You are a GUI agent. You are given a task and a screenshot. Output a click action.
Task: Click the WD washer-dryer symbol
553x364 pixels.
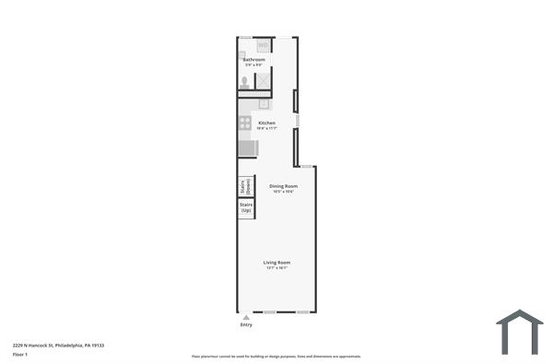(263, 45)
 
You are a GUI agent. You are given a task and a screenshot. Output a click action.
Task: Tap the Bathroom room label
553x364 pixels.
(253, 60)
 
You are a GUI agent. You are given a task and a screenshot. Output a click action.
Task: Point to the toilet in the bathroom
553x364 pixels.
(245, 83)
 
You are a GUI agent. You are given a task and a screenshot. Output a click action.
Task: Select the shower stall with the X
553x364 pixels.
(264, 82)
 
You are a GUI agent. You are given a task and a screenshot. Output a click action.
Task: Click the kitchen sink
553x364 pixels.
(264, 104)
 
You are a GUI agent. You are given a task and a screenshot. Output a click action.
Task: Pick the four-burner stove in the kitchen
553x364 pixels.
(245, 123)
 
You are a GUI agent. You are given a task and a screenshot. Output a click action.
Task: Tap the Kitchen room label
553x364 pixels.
(266, 123)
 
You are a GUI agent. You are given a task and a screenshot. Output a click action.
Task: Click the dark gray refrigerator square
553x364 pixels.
(248, 147)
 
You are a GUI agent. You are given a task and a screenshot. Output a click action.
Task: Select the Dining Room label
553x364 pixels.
(283, 186)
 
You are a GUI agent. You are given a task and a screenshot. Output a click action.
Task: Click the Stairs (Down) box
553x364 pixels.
(246, 186)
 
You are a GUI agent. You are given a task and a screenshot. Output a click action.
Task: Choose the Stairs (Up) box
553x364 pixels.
(246, 208)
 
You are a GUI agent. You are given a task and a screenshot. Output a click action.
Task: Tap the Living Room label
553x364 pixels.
(277, 263)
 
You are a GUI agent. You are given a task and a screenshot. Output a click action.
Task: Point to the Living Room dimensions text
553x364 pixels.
(277, 268)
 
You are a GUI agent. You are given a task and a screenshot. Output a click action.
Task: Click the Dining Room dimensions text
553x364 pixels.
(283, 192)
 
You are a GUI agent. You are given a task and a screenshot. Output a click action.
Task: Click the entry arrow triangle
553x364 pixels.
(246, 317)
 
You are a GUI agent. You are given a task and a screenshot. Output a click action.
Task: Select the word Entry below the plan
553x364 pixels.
(246, 324)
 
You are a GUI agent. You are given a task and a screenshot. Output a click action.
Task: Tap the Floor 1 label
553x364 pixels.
(20, 354)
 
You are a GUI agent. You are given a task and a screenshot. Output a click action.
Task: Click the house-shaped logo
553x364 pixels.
(520, 332)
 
